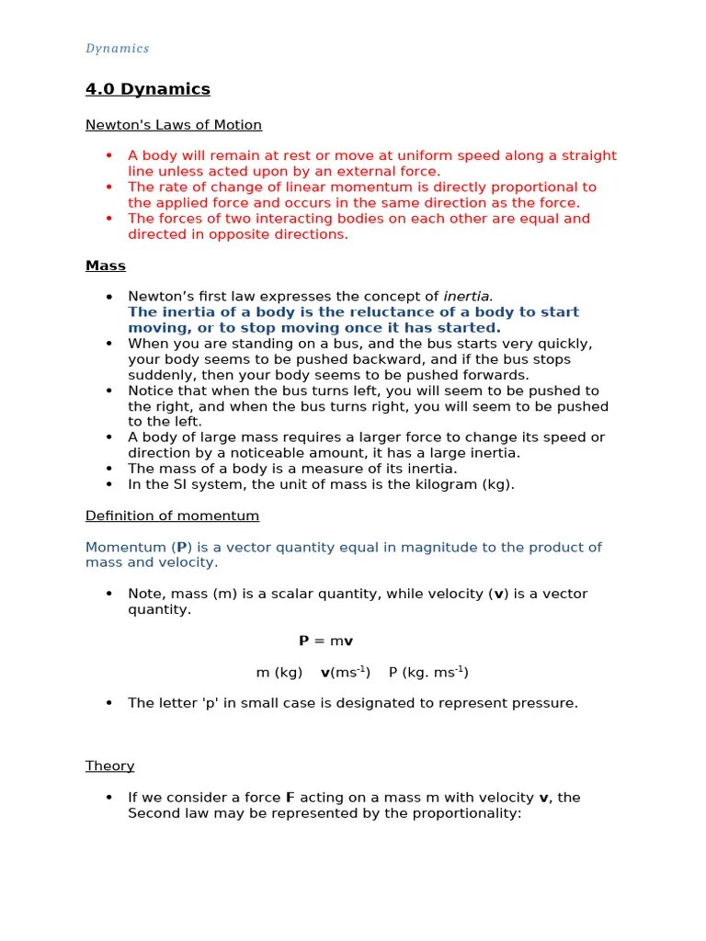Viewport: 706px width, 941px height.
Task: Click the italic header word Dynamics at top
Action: pyautogui.click(x=118, y=49)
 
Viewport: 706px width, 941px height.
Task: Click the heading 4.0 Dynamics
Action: pyautogui.click(x=148, y=89)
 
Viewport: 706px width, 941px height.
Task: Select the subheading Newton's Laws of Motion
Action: pyautogui.click(x=174, y=125)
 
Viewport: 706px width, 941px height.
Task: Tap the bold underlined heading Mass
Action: pyautogui.click(x=106, y=266)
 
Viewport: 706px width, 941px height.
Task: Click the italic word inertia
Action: pyautogui.click(x=468, y=297)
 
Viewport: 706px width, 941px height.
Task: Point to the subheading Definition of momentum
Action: pyautogui.click(x=173, y=516)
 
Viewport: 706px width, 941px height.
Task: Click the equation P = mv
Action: pyautogui.click(x=326, y=641)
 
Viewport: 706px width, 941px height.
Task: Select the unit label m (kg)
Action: pyautogui.click(x=279, y=673)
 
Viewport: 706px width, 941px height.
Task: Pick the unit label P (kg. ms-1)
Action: pyautogui.click(x=428, y=673)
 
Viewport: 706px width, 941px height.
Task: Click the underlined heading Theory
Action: pyautogui.click(x=110, y=765)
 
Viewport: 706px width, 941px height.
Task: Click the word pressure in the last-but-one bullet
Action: pyautogui.click(x=545, y=703)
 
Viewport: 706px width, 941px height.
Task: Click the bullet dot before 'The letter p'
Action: pyautogui.click(x=108, y=703)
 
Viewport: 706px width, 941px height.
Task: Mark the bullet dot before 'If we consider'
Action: pyautogui.click(x=108, y=798)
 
